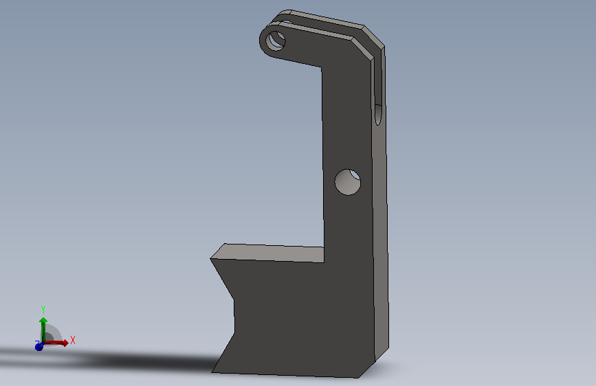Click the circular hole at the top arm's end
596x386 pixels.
276,41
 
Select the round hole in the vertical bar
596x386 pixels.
347,182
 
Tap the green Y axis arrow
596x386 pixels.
43,329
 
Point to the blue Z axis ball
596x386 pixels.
38,346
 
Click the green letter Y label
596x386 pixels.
43,309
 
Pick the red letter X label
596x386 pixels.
73,340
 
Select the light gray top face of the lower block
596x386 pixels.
267,253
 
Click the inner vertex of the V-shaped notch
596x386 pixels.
234,299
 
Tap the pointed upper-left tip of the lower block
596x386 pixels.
210,259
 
